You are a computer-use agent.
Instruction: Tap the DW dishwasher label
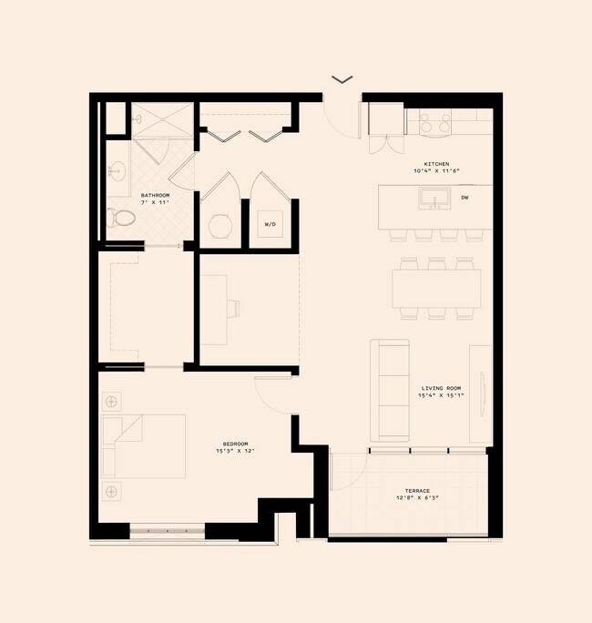tap(464, 198)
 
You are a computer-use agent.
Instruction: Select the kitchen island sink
tap(434, 197)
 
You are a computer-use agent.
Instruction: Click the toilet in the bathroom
tap(121, 219)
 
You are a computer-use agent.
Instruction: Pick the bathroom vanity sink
tap(117, 170)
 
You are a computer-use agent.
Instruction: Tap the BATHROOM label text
tap(156, 196)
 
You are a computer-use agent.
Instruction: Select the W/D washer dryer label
tap(270, 223)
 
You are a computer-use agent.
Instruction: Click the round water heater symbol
tap(219, 225)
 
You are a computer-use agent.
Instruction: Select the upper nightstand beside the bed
tap(111, 401)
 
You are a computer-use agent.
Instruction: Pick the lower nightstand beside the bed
tap(111, 492)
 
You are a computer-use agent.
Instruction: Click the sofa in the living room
tap(390, 391)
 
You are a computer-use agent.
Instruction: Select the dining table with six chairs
tap(436, 289)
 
